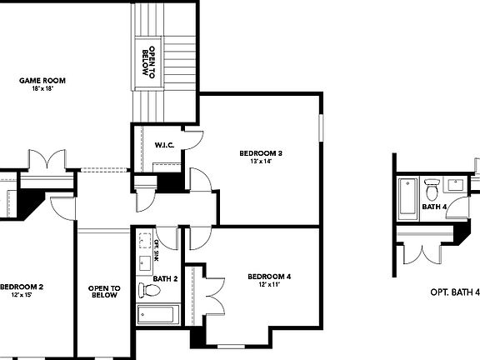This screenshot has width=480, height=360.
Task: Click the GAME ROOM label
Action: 42,81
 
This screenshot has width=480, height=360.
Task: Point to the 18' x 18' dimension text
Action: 42,88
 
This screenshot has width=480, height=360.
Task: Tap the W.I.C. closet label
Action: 163,145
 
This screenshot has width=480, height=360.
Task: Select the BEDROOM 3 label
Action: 261,152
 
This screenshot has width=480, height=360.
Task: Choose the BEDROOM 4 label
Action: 269,277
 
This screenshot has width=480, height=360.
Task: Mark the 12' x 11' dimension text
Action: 269,285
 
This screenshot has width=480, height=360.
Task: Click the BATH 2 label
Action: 165,278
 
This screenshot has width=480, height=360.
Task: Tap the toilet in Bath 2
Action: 151,291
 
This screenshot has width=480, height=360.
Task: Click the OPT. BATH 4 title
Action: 454,292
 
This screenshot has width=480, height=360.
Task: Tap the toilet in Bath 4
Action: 432,187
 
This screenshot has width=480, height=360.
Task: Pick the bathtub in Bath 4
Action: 408,198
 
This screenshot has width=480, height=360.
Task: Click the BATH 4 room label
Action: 434,207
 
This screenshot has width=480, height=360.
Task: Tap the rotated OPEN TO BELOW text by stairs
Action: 148,61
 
